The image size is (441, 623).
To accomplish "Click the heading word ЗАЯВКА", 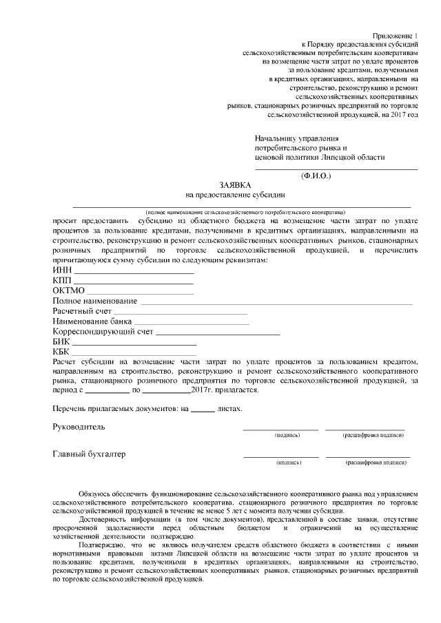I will [236, 186].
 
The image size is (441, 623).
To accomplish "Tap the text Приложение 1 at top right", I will [396, 34].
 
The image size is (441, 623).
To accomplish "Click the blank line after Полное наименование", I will [276, 302].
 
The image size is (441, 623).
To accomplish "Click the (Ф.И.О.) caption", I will [316, 176].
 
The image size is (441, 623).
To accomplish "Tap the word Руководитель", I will [79, 427].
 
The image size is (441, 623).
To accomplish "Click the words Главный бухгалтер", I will [89, 454].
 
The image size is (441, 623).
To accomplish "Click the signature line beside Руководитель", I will [280, 429].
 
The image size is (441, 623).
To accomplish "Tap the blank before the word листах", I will [202, 410].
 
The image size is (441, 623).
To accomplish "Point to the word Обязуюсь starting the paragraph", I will [96, 494].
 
